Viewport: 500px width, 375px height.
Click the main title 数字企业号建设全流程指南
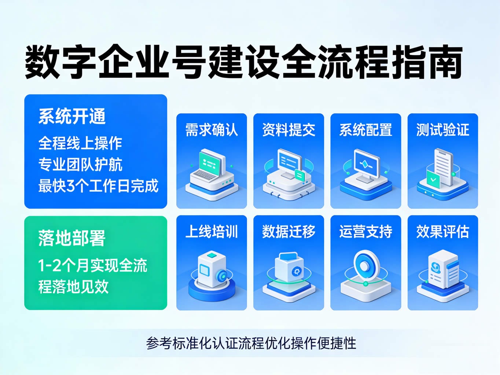tap(243, 62)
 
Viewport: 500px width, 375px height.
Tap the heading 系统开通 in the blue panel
tap(72, 116)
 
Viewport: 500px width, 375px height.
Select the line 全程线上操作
tap(80, 143)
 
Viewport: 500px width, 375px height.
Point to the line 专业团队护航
tap(80, 164)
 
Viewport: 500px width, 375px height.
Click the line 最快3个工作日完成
tap(98, 186)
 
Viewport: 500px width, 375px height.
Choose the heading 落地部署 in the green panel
tap(72, 238)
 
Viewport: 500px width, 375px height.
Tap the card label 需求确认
tap(212, 130)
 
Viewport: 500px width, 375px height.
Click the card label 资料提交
tap(288, 130)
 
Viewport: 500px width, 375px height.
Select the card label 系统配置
tap(365, 130)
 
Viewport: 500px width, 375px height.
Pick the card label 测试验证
tap(442, 130)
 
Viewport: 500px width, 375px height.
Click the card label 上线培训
tap(212, 232)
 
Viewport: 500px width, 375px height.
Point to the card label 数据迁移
tap(288, 232)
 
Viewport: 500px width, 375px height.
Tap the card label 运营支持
tap(365, 232)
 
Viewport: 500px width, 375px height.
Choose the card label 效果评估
tap(442, 232)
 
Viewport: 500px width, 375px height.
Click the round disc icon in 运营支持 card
tap(364, 265)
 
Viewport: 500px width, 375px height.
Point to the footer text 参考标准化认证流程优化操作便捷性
tap(251, 343)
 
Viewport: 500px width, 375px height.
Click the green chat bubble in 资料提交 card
tap(300, 175)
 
